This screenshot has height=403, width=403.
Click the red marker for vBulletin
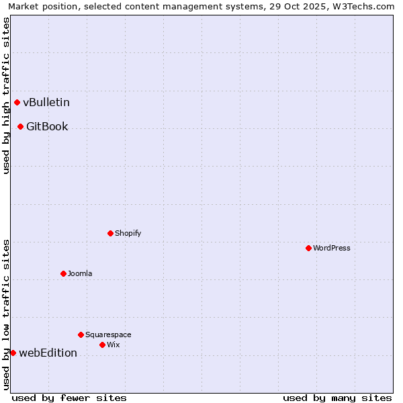[x=17, y=103]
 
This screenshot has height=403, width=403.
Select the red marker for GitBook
[x=20, y=127]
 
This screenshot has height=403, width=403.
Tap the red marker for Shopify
[x=110, y=234]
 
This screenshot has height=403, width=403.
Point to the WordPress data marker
[x=308, y=249]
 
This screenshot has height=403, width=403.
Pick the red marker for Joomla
[x=63, y=274]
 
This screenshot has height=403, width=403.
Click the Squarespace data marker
[x=81, y=334]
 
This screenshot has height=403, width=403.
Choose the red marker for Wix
[x=102, y=345]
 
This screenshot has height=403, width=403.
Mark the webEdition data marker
[x=13, y=353]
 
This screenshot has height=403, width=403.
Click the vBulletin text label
[x=46, y=103]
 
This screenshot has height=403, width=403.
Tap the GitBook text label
[x=47, y=127]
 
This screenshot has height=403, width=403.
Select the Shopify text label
[x=128, y=234]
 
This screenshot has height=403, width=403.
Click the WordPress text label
[x=332, y=249]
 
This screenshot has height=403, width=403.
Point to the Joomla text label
[x=80, y=274]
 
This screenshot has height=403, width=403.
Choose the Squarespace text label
[x=108, y=334]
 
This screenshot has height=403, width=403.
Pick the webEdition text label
[x=48, y=353]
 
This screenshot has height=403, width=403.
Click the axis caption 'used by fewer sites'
[x=69, y=398]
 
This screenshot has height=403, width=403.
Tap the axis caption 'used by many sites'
[x=337, y=398]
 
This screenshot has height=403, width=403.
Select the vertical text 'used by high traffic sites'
[x=6, y=96]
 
